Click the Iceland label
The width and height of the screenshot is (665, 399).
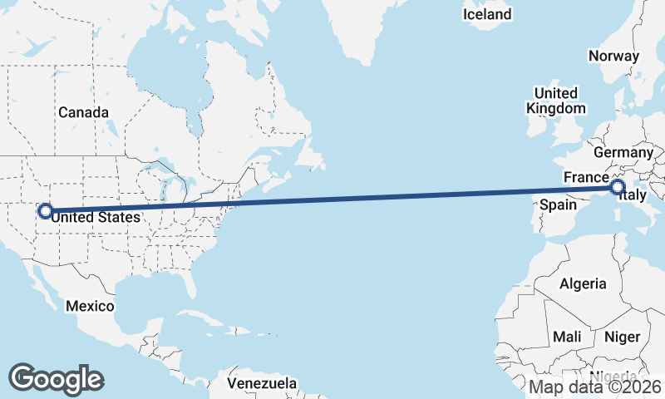pyautogui.click(x=487, y=15)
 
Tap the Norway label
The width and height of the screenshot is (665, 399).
pyautogui.click(x=613, y=57)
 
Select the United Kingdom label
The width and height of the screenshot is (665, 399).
pyautogui.click(x=555, y=101)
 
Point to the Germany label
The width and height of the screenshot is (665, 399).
pyautogui.click(x=623, y=153)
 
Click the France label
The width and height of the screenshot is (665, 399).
pyautogui.click(x=587, y=178)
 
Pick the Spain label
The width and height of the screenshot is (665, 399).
pyautogui.click(x=559, y=204)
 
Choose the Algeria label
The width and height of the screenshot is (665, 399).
pyautogui.click(x=583, y=283)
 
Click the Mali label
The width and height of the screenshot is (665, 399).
pyautogui.click(x=567, y=337)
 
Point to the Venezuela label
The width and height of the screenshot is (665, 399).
pyautogui.click(x=262, y=384)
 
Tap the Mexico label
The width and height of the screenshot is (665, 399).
pyautogui.click(x=90, y=306)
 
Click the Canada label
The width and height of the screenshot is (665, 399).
pyautogui.click(x=83, y=111)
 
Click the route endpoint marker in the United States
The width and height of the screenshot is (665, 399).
pyautogui.click(x=45, y=212)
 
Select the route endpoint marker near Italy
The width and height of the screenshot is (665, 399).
pyautogui.click(x=618, y=187)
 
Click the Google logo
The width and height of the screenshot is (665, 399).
pyautogui.click(x=56, y=378)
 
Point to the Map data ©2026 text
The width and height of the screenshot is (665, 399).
pyautogui.click(x=595, y=387)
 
